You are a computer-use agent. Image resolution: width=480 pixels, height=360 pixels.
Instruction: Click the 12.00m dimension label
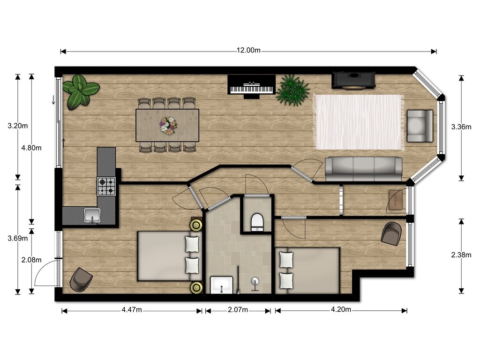(x=248, y=50)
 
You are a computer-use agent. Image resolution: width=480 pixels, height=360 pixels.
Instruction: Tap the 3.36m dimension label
(x=461, y=127)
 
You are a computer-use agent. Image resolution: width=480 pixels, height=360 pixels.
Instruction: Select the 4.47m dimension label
(x=132, y=310)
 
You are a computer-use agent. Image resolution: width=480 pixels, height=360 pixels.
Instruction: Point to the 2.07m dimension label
(x=238, y=310)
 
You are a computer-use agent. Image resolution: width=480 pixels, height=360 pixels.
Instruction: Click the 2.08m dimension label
(x=31, y=260)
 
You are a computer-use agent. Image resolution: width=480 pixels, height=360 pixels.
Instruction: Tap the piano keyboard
(x=251, y=90)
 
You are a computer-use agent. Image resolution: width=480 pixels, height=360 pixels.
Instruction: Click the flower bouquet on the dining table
(x=168, y=126)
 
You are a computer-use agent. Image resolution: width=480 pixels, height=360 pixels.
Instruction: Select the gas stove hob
(x=106, y=187)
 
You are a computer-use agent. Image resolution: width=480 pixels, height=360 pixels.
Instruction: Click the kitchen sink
(x=92, y=216)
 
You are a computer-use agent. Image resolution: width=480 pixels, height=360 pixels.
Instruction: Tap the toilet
(x=257, y=222)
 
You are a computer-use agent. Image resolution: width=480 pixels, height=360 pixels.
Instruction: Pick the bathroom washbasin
(x=221, y=285)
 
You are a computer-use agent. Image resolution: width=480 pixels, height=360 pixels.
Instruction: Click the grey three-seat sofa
(x=363, y=169)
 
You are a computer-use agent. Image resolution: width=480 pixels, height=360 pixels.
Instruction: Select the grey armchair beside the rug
(x=420, y=126)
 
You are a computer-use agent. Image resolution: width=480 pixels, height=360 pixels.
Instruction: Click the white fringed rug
(x=358, y=122)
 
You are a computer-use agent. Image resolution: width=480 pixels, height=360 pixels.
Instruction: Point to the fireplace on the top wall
(x=354, y=81)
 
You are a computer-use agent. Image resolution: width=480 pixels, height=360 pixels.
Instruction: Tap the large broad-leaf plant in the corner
(x=80, y=91)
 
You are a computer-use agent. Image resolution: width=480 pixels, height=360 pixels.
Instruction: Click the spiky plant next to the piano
(x=292, y=90)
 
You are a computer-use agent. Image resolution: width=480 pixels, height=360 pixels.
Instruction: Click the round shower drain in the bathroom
(x=255, y=281)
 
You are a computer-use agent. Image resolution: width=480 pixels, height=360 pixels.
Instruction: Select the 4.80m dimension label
(x=31, y=148)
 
